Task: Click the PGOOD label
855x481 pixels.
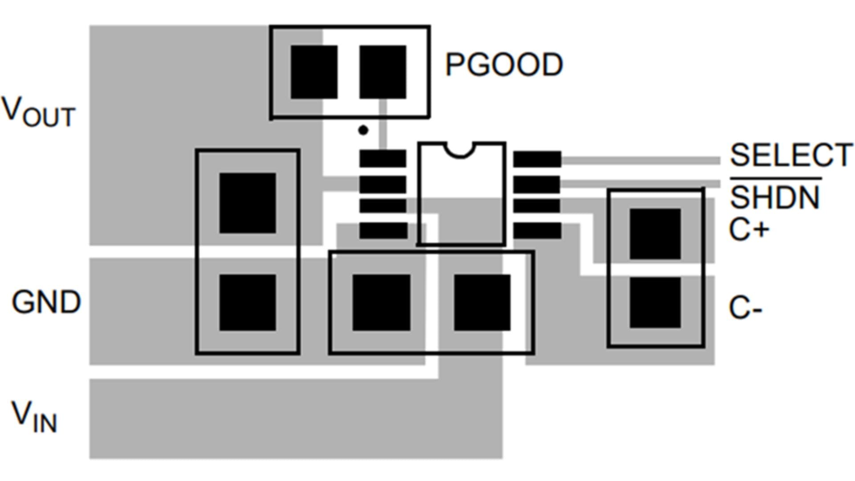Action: coord(504,65)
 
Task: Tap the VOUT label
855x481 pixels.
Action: coord(38,112)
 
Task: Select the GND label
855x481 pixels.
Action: coord(46,302)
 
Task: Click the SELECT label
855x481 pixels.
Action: coord(791,155)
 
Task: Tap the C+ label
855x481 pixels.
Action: coord(749,230)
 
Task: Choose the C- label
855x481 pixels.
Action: coord(745,308)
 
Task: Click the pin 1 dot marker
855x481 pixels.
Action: coord(363,130)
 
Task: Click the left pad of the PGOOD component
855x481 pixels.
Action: coord(314,72)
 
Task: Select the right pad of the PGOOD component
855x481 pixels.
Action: coord(383,72)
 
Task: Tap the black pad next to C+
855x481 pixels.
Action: coord(655,233)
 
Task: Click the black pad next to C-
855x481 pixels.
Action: coord(655,303)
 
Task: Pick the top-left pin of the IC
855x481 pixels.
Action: coord(383,159)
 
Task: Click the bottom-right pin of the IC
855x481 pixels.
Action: coord(537,231)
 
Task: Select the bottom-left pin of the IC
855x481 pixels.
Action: coord(383,231)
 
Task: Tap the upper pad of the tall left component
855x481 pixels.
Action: coord(248,203)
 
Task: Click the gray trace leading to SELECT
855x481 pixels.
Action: coord(641,160)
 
